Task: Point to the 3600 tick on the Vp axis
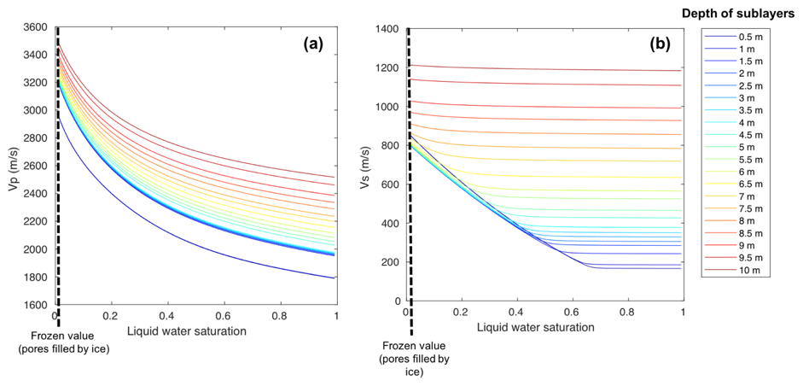click(x=36, y=27)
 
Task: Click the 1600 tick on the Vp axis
click(x=36, y=305)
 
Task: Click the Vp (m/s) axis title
click(x=13, y=166)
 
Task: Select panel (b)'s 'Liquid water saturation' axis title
click(x=535, y=327)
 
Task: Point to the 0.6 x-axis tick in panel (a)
click(x=224, y=315)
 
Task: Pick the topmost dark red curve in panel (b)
click(x=546, y=68)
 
